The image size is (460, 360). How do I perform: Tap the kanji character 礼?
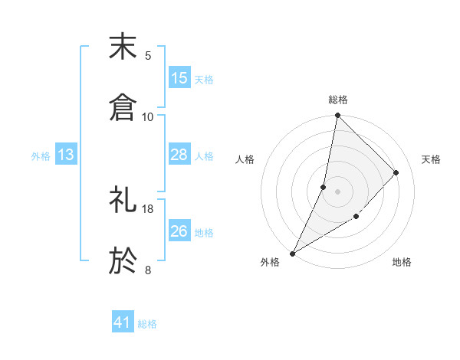point(123,201)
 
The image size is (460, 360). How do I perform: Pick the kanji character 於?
point(123,260)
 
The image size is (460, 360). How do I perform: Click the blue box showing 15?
point(179,78)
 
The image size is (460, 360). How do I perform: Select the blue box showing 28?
point(179,155)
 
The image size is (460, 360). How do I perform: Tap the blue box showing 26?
point(179,231)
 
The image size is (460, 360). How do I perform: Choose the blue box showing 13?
point(66,155)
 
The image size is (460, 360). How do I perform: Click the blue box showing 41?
point(123,323)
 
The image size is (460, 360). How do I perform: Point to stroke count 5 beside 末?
point(148,55)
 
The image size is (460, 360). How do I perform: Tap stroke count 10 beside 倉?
point(148,116)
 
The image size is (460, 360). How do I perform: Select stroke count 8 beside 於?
point(148,270)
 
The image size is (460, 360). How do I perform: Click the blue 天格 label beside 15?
point(204,79)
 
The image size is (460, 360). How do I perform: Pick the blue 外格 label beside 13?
point(41,155)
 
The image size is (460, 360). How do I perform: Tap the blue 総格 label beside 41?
point(147,324)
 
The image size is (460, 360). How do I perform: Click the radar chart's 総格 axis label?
point(337,100)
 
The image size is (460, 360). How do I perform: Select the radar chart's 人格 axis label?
point(245,159)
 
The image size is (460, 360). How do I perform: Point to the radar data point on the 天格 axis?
point(396,172)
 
